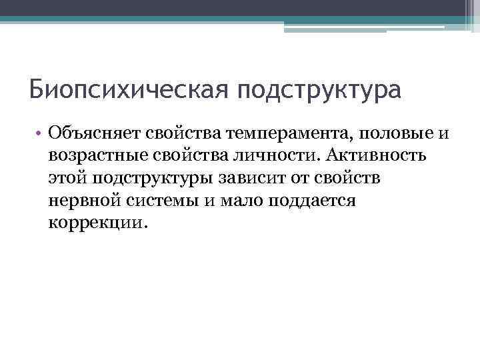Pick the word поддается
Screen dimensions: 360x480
click(311, 201)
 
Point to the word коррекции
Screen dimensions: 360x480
click(95, 223)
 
